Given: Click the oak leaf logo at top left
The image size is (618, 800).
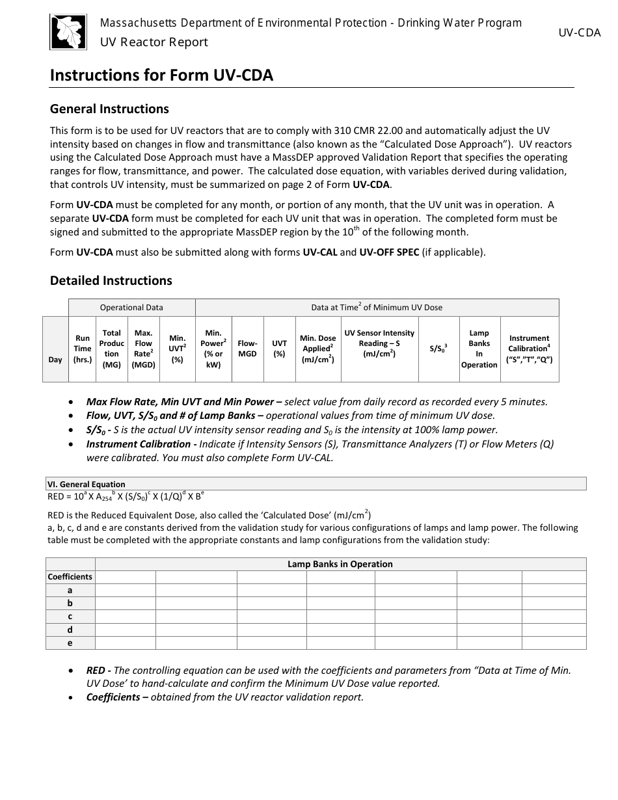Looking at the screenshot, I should (68, 32).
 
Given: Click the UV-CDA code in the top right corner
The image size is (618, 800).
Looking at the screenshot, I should (579, 33).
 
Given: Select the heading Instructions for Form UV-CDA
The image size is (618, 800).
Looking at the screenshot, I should (161, 75).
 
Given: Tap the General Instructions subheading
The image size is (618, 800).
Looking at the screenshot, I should (109, 109).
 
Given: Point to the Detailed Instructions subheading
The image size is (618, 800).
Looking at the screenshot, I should (111, 280).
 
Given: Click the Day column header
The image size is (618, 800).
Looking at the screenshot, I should (55, 360).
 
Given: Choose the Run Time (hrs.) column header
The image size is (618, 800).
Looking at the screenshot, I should (83, 349).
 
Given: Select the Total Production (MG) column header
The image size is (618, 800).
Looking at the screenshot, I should (112, 349).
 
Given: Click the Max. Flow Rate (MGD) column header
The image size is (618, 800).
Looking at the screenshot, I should (144, 349).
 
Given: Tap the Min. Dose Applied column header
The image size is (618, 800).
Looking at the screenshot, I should (317, 349).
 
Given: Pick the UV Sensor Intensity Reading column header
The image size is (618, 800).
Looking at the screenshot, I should (379, 343).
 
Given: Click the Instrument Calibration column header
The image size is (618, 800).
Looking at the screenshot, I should (529, 349).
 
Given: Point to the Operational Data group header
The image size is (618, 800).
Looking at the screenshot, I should (131, 308).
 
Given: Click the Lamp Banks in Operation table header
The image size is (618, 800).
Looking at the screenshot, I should (340, 564).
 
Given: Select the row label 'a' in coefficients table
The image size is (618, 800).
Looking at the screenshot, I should (70, 590).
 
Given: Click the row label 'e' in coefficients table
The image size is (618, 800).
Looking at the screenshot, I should (70, 643).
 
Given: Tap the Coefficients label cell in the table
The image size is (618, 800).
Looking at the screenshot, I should (70, 577).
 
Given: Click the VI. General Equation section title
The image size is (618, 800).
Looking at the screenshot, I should (86, 484).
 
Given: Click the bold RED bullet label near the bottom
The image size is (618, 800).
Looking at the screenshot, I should (98, 670).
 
